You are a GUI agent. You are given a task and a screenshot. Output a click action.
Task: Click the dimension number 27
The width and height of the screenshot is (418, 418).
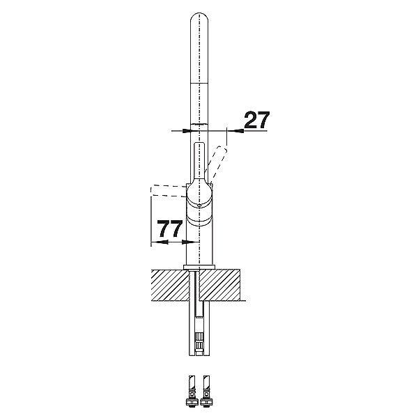click(x=256, y=120)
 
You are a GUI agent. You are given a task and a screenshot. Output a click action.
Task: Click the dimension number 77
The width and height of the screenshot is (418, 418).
click(x=170, y=229)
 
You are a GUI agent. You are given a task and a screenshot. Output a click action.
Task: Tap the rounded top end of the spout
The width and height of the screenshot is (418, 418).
click(x=199, y=17)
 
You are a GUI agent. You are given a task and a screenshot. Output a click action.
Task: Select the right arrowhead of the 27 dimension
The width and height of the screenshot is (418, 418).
click(x=238, y=131)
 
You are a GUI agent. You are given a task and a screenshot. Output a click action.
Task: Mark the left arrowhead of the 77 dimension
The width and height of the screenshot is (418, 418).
click(x=160, y=242)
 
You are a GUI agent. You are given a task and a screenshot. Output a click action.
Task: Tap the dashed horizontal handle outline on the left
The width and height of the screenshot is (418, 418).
click(x=168, y=191)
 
